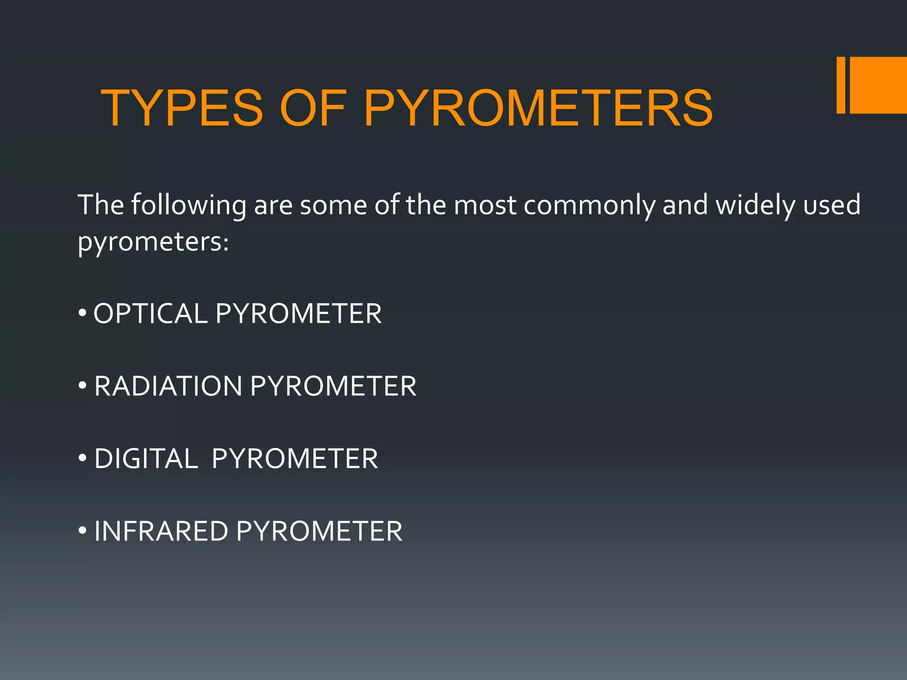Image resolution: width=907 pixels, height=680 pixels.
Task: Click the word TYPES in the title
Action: click(x=182, y=108)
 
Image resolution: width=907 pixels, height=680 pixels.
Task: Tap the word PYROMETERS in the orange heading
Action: click(x=538, y=108)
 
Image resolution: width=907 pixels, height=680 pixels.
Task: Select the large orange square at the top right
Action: click(x=879, y=85)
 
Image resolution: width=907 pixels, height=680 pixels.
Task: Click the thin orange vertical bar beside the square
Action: click(x=841, y=85)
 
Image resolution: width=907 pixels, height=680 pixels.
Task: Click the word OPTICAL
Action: click(x=151, y=314)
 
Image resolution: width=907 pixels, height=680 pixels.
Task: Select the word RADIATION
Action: click(x=168, y=386)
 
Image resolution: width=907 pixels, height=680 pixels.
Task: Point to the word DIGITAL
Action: click(x=146, y=459)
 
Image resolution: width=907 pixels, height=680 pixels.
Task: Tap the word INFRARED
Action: click(x=161, y=531)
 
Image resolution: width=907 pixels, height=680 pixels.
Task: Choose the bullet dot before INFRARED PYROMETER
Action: click(x=82, y=531)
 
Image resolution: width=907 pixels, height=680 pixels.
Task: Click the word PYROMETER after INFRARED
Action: click(x=319, y=531)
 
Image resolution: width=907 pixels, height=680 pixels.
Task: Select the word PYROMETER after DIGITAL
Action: click(x=295, y=459)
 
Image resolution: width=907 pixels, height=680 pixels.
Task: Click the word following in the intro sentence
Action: click(x=188, y=205)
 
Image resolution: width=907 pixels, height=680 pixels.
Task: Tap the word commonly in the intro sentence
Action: click(x=589, y=205)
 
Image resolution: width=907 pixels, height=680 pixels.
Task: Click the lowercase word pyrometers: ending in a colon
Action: click(x=153, y=243)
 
